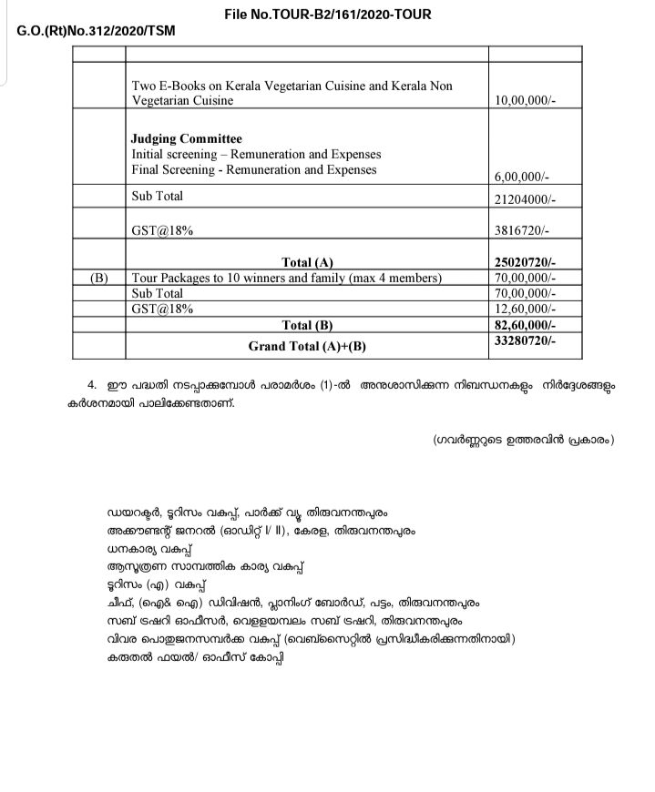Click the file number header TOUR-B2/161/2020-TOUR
tap(328, 15)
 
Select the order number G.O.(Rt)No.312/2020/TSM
tap(97, 31)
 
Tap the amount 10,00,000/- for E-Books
tap(523, 101)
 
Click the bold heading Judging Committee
tap(187, 138)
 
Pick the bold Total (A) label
tap(307, 263)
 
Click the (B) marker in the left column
tap(100, 278)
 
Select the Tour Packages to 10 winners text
tap(287, 278)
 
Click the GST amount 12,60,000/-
tap(524, 310)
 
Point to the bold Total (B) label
tap(307, 325)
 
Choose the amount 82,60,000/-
tap(524, 325)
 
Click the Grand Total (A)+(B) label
tap(307, 346)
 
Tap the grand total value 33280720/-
tap(524, 341)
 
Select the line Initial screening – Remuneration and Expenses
tap(256, 155)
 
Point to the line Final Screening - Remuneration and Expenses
tap(254, 170)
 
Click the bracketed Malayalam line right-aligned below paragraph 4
tap(524, 441)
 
